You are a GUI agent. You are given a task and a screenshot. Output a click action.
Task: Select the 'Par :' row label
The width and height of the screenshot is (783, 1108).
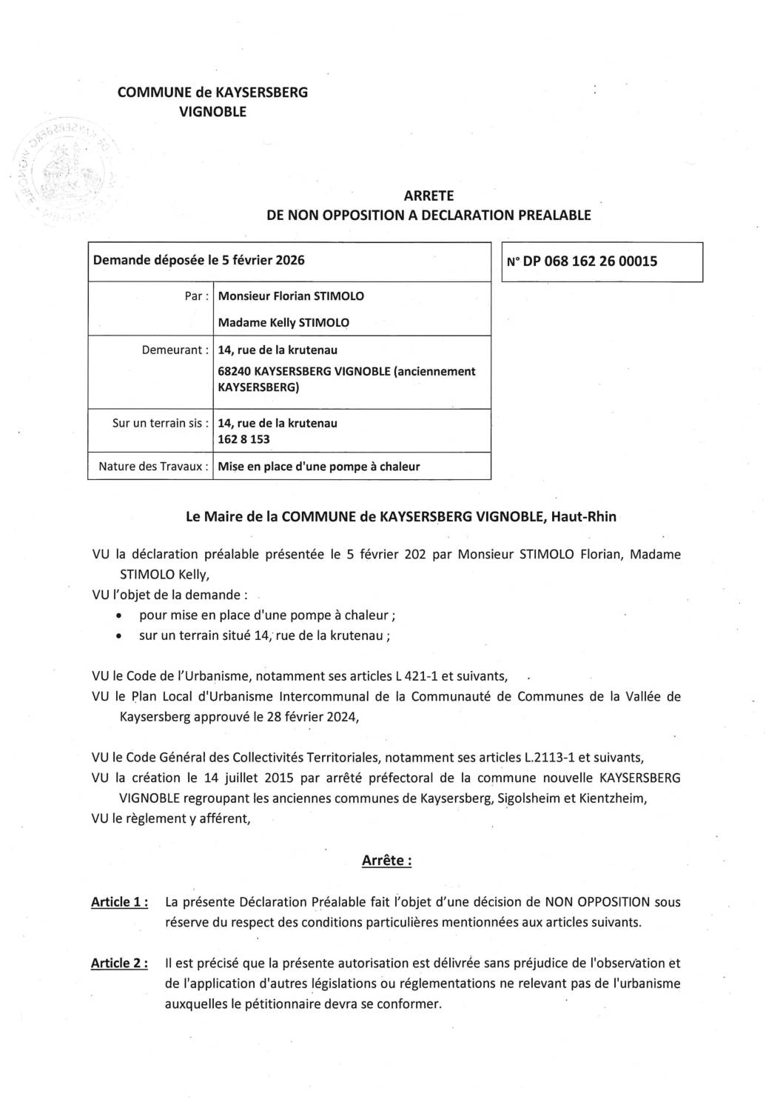point(196,296)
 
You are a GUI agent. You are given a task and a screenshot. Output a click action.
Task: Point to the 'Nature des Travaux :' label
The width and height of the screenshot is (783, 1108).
point(153,467)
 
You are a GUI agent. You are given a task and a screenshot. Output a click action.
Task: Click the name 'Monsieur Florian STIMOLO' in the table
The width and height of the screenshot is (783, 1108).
point(291,296)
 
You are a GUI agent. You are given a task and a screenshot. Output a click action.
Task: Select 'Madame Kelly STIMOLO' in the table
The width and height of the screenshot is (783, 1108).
point(283,323)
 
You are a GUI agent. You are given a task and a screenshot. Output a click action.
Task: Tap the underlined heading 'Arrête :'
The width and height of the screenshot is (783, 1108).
point(386,861)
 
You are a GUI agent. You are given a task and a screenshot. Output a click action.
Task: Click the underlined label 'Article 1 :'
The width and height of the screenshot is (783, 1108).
point(118,902)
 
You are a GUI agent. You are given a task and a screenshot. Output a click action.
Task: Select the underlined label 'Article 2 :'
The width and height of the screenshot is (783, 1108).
point(118,964)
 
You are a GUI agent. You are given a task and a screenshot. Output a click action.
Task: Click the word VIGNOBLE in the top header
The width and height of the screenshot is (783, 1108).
point(213,112)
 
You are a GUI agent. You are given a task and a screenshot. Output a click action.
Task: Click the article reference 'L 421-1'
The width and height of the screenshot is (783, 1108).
point(417,676)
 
